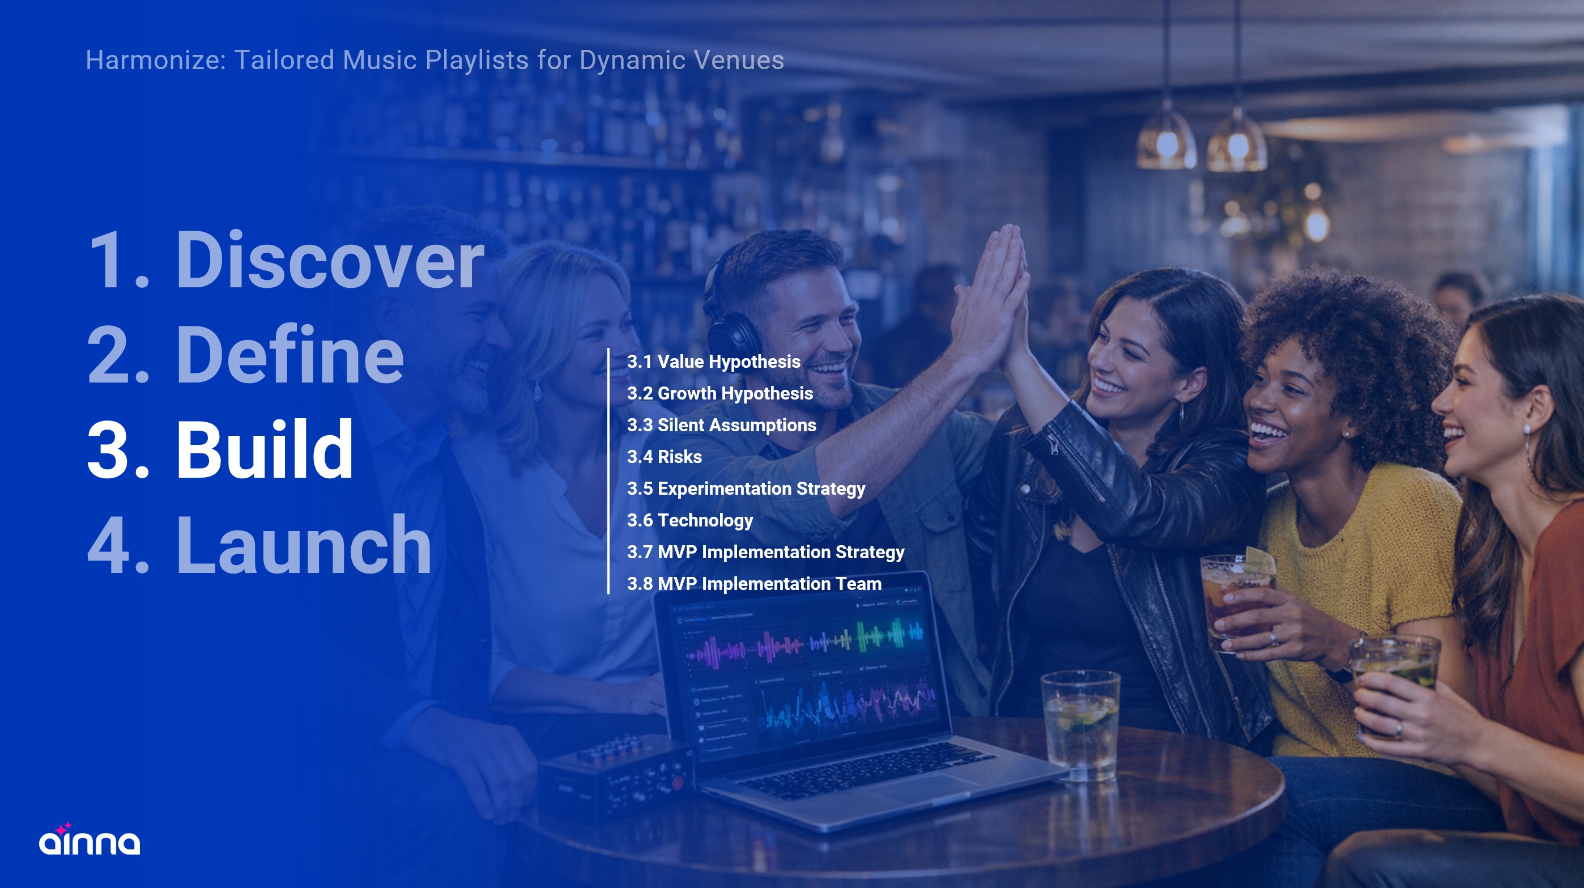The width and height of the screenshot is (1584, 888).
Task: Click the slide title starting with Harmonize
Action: (x=435, y=60)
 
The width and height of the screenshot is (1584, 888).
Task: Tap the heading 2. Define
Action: (x=245, y=355)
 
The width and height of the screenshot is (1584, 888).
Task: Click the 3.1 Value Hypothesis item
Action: (x=713, y=362)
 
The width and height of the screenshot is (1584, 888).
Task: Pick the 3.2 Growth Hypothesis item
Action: (x=719, y=394)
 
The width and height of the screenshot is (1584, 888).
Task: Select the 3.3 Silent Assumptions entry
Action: (x=721, y=425)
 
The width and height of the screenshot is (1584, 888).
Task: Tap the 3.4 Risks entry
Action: (x=664, y=457)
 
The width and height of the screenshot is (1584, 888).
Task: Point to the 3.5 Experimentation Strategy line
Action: (x=746, y=489)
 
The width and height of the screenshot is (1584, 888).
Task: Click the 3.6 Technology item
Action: (x=690, y=520)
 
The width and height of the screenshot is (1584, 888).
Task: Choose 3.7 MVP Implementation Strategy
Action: (x=765, y=552)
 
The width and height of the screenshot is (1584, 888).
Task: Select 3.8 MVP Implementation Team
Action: (x=754, y=584)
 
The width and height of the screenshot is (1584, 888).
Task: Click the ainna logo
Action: (x=89, y=840)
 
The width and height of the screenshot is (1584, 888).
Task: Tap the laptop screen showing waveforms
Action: (x=806, y=664)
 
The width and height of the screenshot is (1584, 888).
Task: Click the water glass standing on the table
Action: (x=1080, y=726)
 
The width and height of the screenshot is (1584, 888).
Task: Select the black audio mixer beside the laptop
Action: (x=615, y=778)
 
